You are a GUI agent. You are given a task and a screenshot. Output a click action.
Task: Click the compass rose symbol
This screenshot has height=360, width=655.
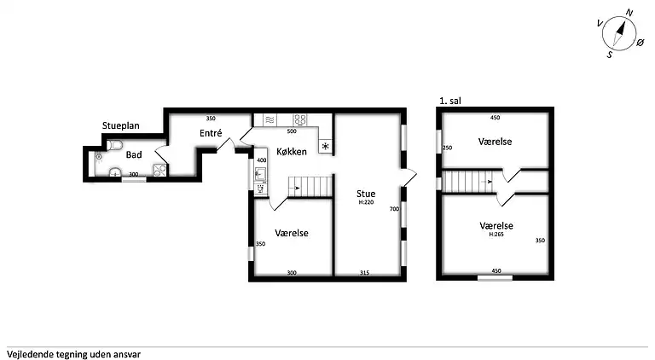619,33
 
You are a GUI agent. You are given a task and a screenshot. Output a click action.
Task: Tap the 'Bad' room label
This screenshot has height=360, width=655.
134,155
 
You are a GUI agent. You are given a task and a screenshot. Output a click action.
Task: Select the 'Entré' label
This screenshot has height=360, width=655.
211,133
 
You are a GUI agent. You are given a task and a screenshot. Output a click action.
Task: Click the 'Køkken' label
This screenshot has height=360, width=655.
292,152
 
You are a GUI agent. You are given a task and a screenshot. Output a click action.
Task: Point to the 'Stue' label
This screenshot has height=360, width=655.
366,194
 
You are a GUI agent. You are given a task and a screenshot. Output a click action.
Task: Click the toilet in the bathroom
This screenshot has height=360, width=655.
114,145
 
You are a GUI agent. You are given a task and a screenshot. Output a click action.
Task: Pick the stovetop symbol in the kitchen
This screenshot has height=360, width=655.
300,120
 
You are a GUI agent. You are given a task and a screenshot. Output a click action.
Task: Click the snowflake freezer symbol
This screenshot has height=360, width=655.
325,146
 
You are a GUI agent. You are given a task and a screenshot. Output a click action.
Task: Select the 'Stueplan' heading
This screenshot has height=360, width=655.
121,125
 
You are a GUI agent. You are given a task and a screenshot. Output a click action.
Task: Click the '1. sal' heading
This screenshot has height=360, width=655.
450,101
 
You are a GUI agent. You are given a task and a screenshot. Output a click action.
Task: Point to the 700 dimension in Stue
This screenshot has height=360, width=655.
394,209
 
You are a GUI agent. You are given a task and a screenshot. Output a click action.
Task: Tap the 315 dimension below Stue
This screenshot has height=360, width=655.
364,273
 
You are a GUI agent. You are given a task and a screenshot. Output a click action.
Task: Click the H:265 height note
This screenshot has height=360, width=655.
496,235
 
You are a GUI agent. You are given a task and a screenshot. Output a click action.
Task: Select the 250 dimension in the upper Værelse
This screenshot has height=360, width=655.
447,148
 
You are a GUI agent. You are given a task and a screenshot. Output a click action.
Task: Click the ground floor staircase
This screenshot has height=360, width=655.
310,186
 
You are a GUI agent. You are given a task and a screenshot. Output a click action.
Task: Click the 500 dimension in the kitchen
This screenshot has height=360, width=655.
292,131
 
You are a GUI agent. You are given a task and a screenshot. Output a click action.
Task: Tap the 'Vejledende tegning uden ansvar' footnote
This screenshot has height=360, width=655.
73,355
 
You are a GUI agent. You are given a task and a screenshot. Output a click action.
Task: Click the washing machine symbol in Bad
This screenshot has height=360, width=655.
160,170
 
